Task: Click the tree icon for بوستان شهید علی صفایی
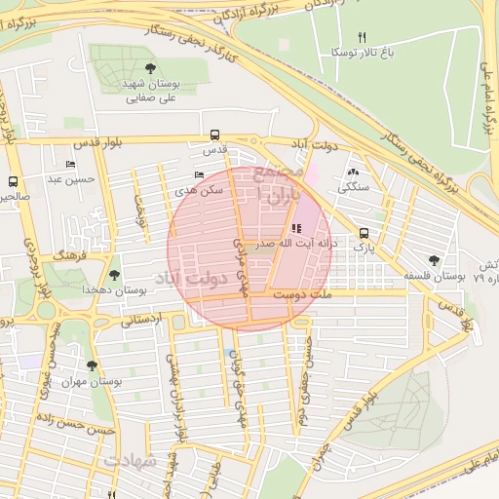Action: point(149,68)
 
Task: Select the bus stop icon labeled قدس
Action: point(214,135)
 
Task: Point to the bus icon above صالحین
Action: point(14,180)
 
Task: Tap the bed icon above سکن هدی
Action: point(199,175)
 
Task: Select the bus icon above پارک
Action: point(364,233)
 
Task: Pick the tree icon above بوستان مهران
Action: point(91,365)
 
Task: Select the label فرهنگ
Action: point(71,253)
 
